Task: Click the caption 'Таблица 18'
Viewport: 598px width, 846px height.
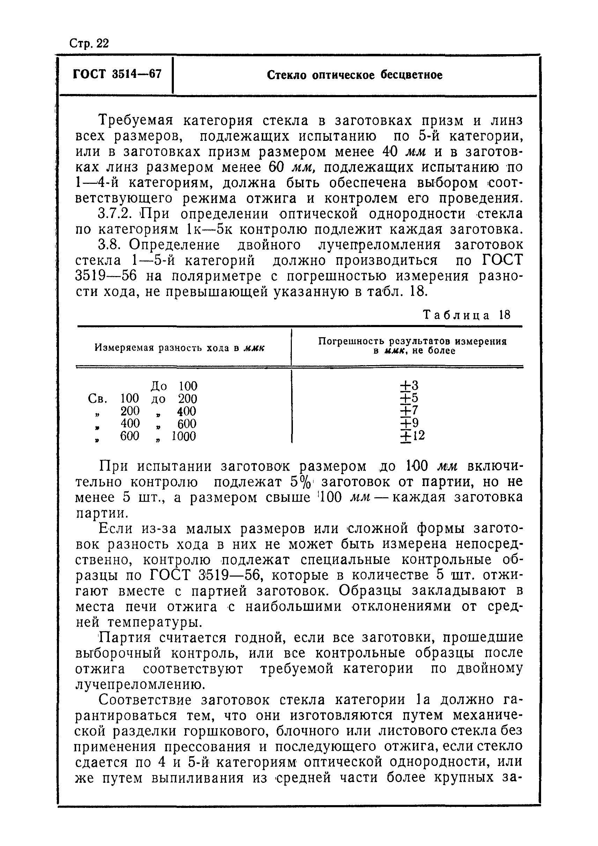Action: [466, 315]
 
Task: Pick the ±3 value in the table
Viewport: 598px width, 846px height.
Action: [409, 385]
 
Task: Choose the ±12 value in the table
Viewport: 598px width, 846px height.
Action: [412, 436]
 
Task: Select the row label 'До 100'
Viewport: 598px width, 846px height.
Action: [174, 386]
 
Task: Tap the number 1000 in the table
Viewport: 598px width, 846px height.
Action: [183, 436]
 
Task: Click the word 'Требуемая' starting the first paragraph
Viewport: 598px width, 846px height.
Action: [135, 121]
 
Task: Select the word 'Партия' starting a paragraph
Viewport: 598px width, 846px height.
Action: [124, 637]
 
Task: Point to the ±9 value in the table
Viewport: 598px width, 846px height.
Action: [409, 423]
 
